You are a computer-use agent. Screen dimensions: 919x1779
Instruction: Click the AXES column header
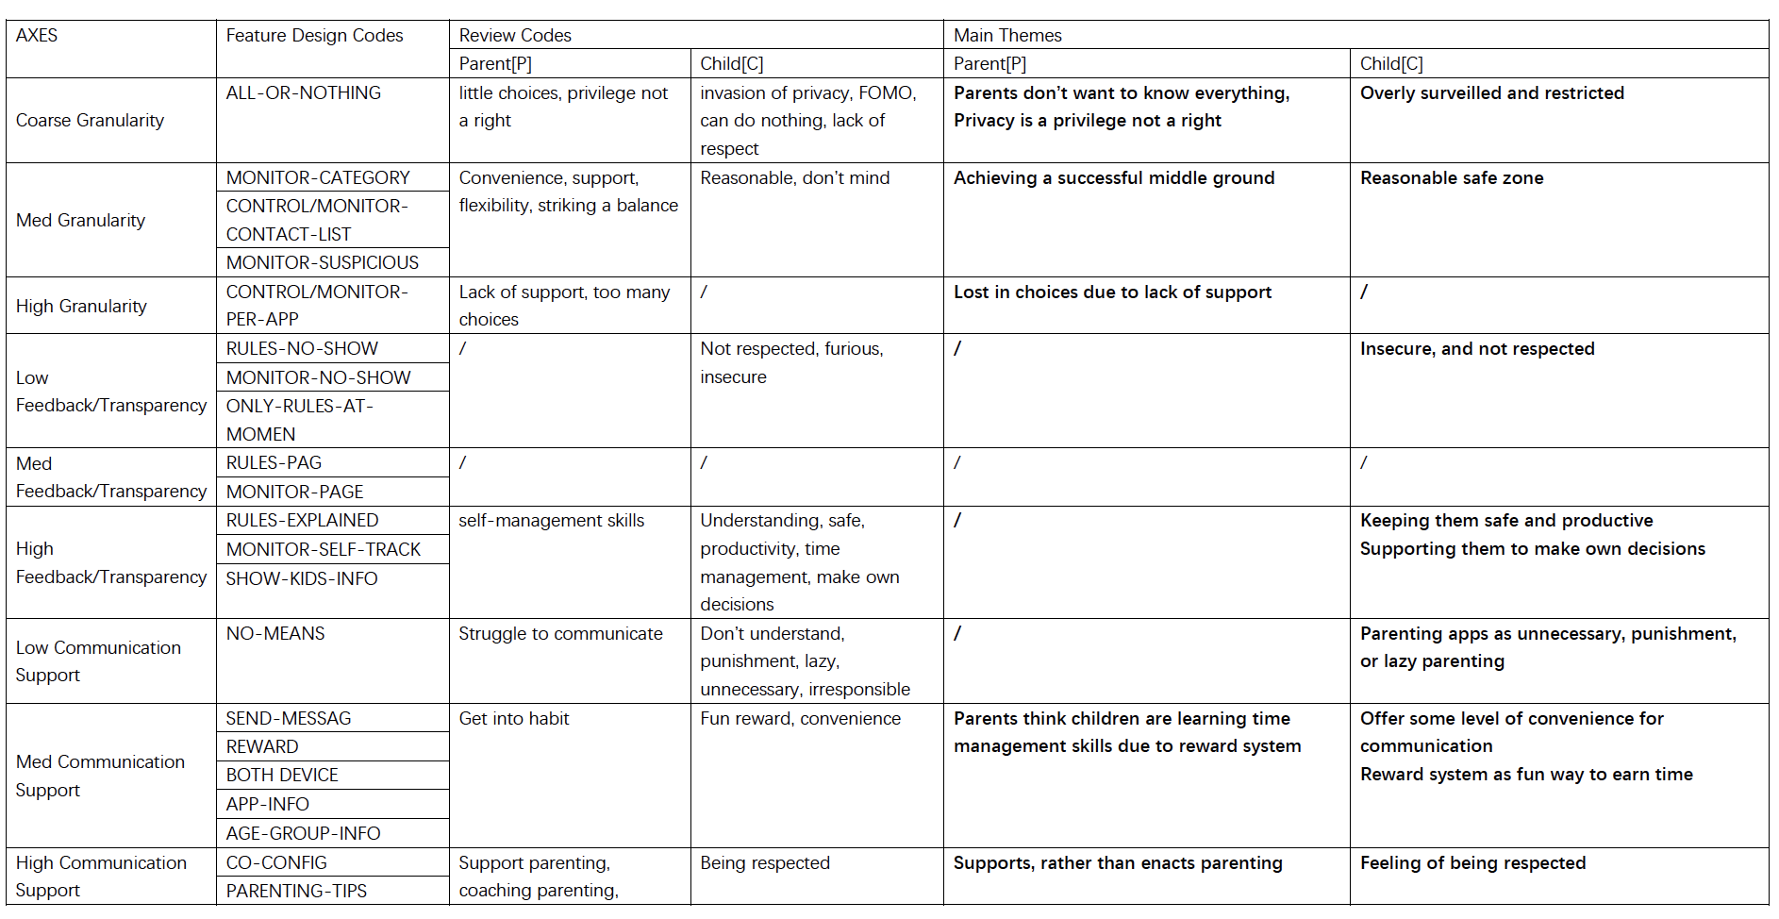37,36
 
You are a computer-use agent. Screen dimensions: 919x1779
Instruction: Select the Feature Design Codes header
314,36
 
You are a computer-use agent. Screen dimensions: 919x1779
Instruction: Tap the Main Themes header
1007,36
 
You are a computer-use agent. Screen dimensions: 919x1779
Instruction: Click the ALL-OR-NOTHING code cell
303,93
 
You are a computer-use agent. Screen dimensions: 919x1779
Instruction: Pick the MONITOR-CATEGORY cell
318,178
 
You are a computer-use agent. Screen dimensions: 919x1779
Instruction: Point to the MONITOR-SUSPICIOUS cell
322,263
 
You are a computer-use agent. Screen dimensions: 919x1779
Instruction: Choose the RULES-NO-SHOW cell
302,349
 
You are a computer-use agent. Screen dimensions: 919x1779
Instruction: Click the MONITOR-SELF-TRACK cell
323,550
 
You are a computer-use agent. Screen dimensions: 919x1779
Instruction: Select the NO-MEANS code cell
275,634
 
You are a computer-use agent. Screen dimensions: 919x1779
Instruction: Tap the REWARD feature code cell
262,747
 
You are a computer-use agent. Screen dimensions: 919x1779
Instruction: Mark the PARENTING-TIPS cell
296,892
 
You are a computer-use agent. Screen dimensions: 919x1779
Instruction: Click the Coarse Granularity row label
90,121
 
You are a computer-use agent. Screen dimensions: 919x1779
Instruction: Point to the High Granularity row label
81,307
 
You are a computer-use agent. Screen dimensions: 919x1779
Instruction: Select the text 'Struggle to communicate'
560,634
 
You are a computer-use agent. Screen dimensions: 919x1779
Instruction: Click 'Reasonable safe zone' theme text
1452,178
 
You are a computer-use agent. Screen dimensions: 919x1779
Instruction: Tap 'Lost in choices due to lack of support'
1112,292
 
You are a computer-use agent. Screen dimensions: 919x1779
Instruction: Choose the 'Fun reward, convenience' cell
800,719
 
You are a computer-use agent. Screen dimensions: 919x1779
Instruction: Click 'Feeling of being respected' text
1472,863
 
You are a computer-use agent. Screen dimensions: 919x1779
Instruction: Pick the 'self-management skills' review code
552,521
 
